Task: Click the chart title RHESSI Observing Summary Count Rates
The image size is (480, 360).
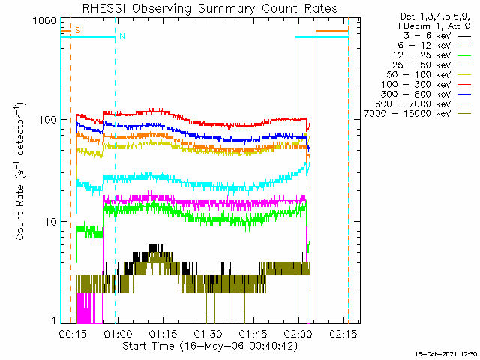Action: pos(209,8)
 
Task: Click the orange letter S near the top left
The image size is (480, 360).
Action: pos(77,30)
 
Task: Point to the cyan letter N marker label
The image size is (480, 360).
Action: pos(121,36)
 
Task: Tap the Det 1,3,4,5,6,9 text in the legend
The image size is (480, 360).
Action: pos(433,16)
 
